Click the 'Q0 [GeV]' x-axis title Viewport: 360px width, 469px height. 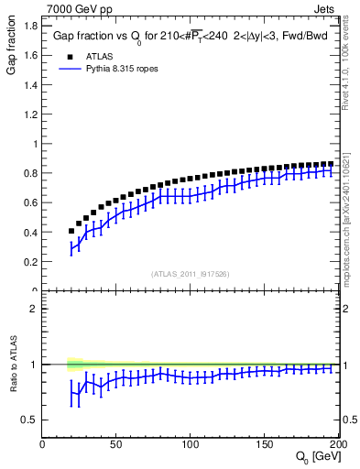(317, 457)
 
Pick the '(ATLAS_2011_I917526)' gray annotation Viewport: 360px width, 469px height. (191, 273)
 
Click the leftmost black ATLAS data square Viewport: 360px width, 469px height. (71, 231)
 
